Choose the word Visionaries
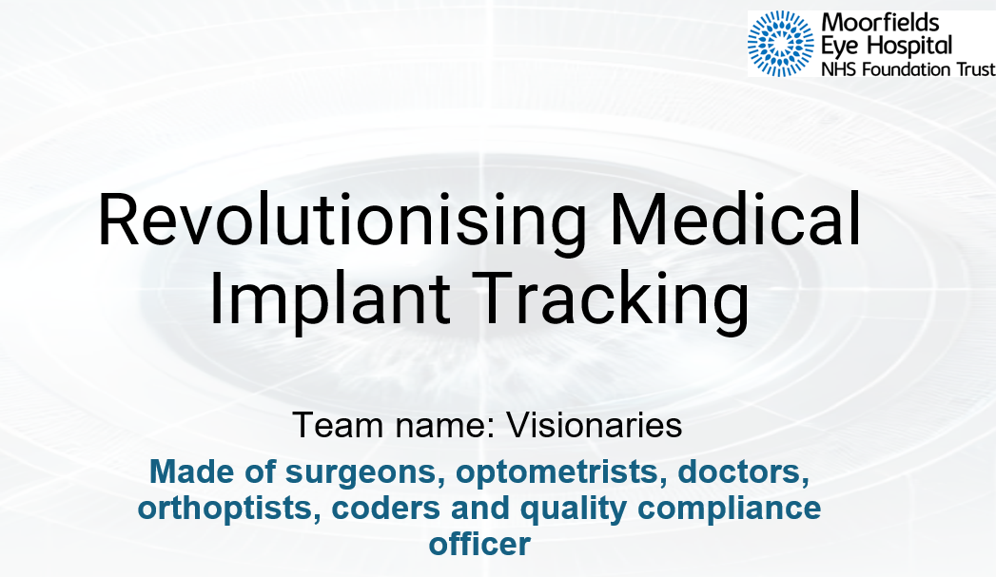595,425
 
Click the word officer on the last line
478,544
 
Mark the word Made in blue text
191,471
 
